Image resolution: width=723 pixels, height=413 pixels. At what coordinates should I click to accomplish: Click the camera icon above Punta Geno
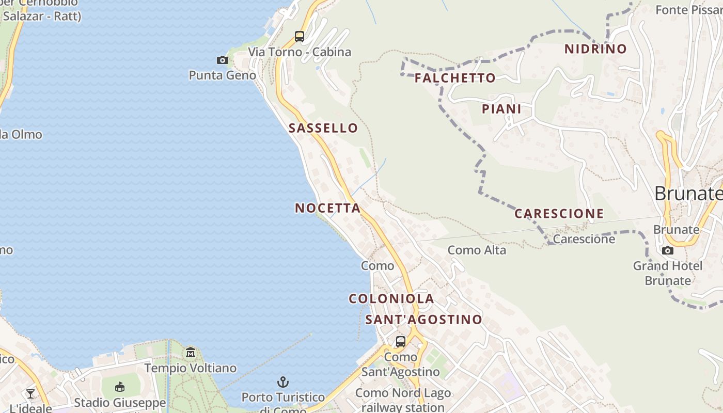[223, 60]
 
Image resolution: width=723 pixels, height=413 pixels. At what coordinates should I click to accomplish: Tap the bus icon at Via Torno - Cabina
[300, 37]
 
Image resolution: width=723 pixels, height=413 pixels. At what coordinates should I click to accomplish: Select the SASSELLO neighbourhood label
[323, 128]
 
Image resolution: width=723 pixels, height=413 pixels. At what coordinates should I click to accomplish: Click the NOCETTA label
[327, 208]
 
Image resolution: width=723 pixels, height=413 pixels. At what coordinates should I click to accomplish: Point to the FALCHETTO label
[455, 78]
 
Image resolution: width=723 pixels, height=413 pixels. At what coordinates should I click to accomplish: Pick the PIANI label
[501, 109]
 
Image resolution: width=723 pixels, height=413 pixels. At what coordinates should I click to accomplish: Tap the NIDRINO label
[595, 49]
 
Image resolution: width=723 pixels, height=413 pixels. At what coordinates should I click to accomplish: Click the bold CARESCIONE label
[559, 213]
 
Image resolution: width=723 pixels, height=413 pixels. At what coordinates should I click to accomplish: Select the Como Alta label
[477, 250]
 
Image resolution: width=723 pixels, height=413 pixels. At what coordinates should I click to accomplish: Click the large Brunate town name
[688, 194]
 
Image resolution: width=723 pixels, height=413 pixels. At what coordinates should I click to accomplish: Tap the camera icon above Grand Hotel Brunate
[668, 251]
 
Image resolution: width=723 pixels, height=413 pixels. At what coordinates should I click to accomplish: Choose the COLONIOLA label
[391, 298]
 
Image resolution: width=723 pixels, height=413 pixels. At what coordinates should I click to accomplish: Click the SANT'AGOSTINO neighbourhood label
[423, 320]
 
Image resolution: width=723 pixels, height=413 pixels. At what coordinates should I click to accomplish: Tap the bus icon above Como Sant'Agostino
[400, 342]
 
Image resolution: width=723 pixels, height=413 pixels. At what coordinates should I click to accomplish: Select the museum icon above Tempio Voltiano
[191, 353]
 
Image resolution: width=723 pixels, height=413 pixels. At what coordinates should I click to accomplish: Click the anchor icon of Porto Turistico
[282, 382]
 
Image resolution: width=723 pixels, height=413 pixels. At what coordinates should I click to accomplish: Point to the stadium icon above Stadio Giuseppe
[120, 387]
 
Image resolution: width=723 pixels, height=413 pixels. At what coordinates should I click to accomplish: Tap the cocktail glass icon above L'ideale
[30, 394]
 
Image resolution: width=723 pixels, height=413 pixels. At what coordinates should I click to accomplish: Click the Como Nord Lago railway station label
[403, 400]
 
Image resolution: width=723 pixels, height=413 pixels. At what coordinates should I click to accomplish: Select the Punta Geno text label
[222, 75]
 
